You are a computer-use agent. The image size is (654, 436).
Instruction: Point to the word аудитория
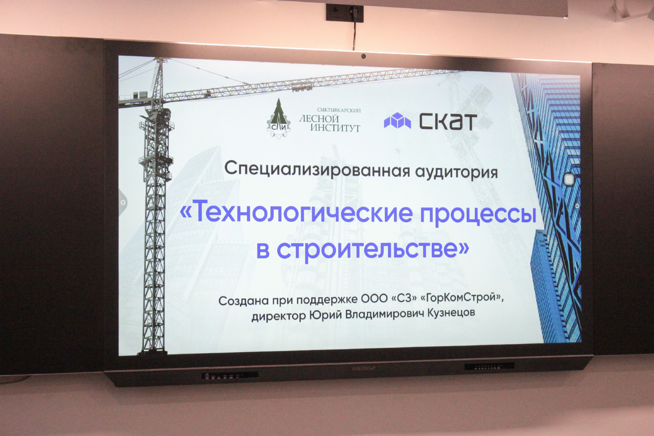coord(456,172)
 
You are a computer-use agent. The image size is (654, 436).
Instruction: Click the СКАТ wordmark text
coord(448,122)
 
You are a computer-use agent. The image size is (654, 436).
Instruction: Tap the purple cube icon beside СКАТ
coord(398,120)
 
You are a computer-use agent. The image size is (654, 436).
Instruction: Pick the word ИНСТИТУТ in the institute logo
coord(335,128)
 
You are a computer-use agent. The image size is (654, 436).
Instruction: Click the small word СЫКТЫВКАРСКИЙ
coord(339,110)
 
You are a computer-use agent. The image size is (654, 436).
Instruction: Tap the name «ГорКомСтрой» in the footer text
coord(464,297)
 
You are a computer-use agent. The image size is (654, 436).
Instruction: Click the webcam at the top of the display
coord(363,56)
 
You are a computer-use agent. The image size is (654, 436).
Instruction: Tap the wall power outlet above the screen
coord(345,13)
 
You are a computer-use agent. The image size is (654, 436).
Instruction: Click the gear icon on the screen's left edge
coord(123,202)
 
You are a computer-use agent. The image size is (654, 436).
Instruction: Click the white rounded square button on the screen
coord(569,179)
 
